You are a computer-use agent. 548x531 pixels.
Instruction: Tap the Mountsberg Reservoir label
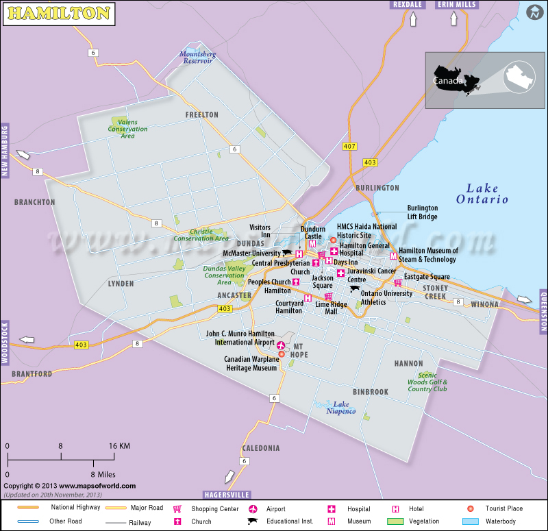197,57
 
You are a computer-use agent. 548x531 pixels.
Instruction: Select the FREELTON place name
201,115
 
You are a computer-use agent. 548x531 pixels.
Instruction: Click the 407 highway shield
350,146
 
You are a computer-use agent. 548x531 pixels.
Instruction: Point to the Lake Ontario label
482,193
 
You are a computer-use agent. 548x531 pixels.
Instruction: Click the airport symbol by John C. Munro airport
281,344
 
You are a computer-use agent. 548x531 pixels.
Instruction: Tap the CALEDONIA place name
260,448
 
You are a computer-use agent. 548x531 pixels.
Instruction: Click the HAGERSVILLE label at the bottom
227,494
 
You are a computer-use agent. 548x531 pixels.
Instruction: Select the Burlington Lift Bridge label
422,212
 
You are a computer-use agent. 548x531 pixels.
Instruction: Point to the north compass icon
534,12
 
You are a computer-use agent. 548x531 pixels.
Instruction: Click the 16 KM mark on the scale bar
119,446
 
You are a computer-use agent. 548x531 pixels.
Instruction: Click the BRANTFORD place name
32,374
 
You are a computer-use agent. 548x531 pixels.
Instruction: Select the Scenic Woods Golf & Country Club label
427,382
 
